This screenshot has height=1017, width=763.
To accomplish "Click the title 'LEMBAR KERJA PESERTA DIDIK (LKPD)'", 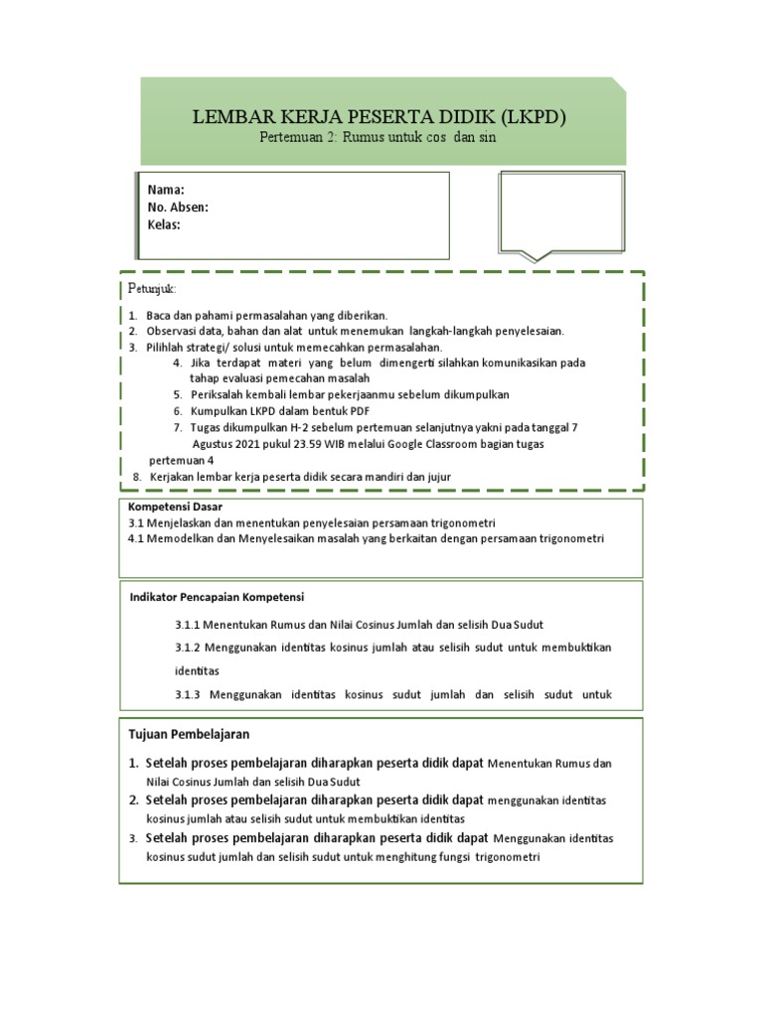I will (x=381, y=117).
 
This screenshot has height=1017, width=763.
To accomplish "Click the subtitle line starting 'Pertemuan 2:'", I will (x=376, y=138).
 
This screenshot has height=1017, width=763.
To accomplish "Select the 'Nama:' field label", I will (x=166, y=191).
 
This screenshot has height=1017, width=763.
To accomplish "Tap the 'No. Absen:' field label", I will (x=178, y=208).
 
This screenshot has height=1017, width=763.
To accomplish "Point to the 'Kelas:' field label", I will (x=164, y=224).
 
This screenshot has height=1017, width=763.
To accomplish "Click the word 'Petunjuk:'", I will (x=152, y=288).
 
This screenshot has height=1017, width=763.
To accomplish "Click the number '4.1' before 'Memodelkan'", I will (x=137, y=538).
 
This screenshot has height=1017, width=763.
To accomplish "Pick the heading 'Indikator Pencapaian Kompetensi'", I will (x=217, y=597).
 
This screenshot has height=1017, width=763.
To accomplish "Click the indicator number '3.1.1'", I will (x=188, y=624).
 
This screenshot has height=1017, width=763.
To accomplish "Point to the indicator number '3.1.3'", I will (x=188, y=694).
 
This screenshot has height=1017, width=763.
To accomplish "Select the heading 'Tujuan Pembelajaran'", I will (x=189, y=734).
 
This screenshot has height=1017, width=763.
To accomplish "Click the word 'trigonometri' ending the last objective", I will (x=507, y=857).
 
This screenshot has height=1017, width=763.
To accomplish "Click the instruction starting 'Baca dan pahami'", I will (x=266, y=315).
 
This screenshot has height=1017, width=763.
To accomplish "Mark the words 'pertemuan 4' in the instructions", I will (x=181, y=461).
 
